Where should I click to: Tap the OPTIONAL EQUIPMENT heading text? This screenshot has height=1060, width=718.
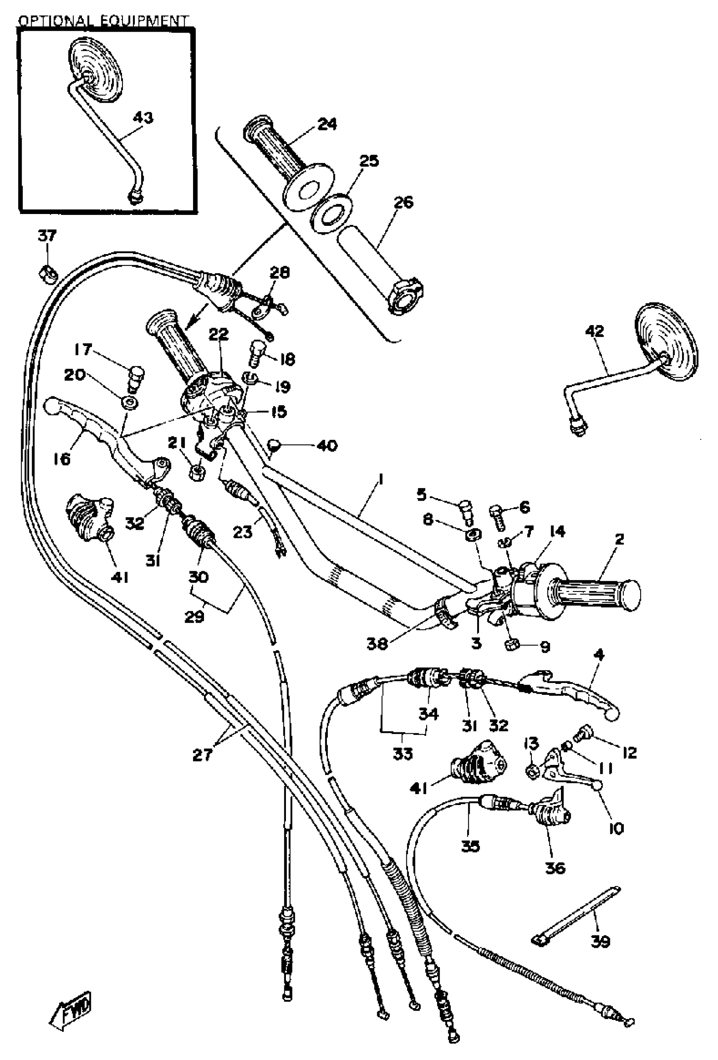click(103, 21)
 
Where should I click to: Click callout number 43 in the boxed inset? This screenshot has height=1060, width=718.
click(143, 117)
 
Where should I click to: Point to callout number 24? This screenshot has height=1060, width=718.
click(327, 124)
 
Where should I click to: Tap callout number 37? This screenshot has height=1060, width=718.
click(47, 236)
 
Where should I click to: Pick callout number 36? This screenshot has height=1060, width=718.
click(555, 867)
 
